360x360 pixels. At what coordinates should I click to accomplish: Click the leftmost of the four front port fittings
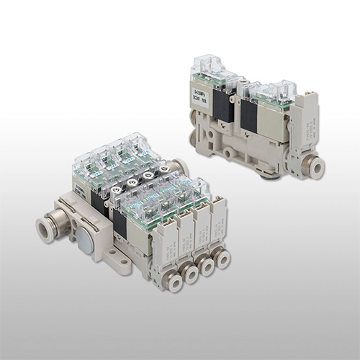tap(174, 280)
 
